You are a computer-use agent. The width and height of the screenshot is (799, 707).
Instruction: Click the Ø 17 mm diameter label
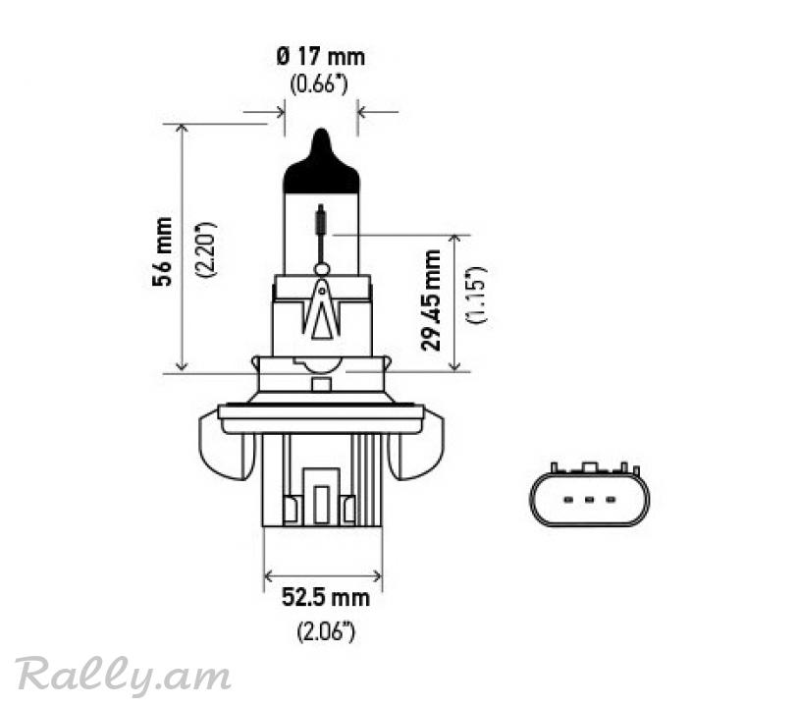click(321, 57)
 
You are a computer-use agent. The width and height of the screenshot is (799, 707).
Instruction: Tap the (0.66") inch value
click(319, 84)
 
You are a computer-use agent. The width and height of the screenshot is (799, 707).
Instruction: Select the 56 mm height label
click(163, 251)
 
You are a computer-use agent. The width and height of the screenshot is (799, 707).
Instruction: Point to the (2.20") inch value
click(207, 249)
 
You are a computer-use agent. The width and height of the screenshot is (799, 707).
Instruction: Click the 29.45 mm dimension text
click(431, 299)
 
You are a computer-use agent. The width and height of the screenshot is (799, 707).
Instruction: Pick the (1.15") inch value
click(476, 296)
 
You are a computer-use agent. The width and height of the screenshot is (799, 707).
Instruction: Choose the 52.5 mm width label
click(326, 597)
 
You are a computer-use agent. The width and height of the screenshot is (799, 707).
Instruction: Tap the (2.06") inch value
click(326, 631)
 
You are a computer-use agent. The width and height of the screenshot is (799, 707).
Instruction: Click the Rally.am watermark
click(123, 676)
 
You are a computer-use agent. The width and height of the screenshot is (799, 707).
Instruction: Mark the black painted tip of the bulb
click(321, 167)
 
